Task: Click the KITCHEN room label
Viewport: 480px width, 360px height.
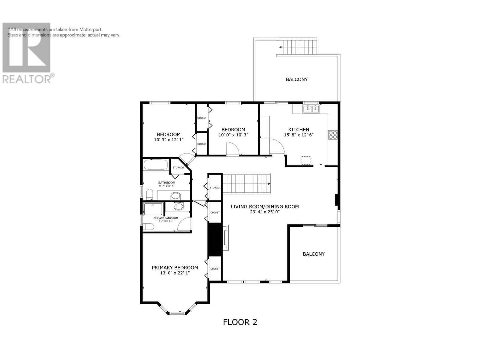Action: point(298,130)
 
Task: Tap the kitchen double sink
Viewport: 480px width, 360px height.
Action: point(310,109)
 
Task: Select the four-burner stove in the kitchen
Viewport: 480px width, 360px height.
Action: point(333,135)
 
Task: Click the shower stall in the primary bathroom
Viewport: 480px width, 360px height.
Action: point(153,209)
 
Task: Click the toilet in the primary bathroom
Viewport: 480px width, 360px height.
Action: point(148,226)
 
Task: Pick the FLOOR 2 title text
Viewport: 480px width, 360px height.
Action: point(240,322)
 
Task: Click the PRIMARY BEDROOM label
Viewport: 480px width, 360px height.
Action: point(175,268)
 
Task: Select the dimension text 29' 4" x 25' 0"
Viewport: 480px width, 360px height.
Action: point(265,212)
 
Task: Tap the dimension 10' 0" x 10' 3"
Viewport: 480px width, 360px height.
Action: point(233,135)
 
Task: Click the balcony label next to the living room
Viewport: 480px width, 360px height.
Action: point(313,254)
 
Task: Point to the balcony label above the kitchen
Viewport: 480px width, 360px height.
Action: point(296,79)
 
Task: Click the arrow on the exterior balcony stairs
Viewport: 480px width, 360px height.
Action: point(280,47)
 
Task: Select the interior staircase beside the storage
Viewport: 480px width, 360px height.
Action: point(246,184)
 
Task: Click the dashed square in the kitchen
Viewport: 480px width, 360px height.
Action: point(306,160)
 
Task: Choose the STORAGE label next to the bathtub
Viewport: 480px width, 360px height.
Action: point(178,167)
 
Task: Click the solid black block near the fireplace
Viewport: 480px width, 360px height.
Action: point(215,239)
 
